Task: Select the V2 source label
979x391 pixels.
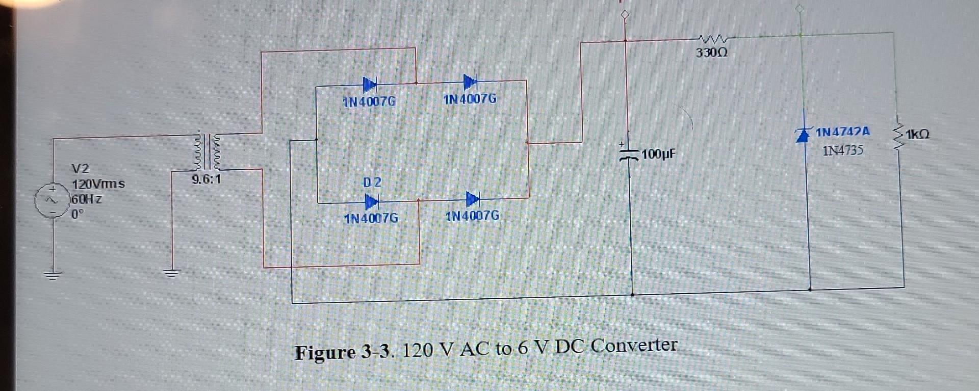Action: pos(80,169)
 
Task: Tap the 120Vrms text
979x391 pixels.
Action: pos(98,184)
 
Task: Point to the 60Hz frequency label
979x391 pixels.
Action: pos(87,199)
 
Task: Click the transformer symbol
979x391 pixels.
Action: pos(207,151)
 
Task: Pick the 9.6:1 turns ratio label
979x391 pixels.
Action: pos(207,179)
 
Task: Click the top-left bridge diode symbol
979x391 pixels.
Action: pos(370,85)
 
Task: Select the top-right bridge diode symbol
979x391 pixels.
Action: pos(470,81)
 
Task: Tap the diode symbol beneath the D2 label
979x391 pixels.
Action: pos(371,202)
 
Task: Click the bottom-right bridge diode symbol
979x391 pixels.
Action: pos(472,199)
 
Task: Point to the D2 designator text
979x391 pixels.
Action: pos(372,183)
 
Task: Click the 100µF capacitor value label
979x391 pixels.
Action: pos(658,153)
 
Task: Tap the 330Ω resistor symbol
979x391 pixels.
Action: pos(713,39)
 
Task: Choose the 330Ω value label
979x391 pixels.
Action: pos(712,53)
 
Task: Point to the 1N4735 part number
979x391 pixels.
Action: pos(843,150)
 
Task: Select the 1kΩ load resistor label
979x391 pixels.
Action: pos(918,134)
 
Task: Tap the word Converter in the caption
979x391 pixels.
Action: pos(634,346)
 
